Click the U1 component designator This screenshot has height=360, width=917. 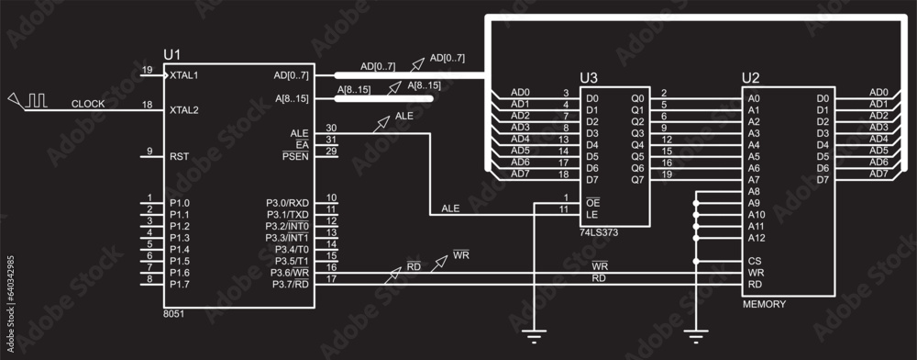[x=172, y=54]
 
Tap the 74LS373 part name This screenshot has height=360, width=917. [x=601, y=233]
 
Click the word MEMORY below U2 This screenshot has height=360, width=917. [x=764, y=303]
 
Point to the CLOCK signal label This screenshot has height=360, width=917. [x=88, y=104]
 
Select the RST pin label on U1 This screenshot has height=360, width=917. [x=180, y=156]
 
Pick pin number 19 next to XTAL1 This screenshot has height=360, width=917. [x=147, y=70]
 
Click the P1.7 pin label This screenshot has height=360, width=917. [x=180, y=284]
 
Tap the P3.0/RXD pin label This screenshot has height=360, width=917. [x=287, y=202]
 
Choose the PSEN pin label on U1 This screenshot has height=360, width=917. [x=296, y=157]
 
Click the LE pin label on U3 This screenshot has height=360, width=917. [x=591, y=214]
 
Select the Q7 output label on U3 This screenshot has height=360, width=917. [x=638, y=179]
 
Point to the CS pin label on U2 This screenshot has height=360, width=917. [x=754, y=261]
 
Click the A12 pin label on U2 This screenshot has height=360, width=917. [x=757, y=238]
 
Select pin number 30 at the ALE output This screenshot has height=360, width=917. [x=332, y=128]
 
